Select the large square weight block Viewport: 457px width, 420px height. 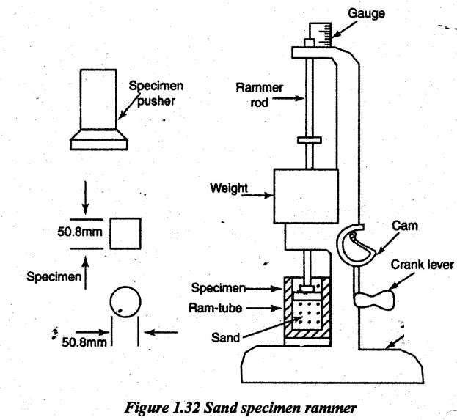[306, 196]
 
